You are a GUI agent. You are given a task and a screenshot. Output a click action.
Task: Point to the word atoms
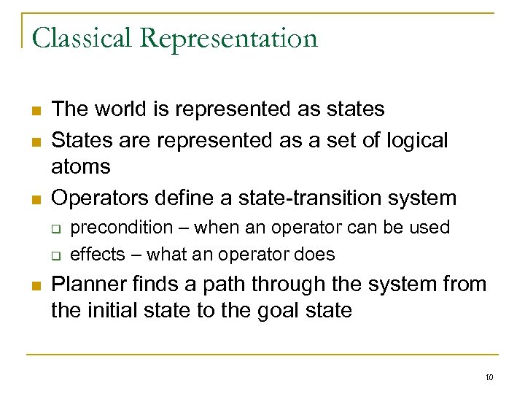pyautogui.click(x=81, y=167)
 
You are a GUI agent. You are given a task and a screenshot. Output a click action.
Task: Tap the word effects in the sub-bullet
pyautogui.click(x=92, y=255)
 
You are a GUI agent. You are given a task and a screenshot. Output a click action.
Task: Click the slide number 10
pyautogui.click(x=489, y=377)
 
